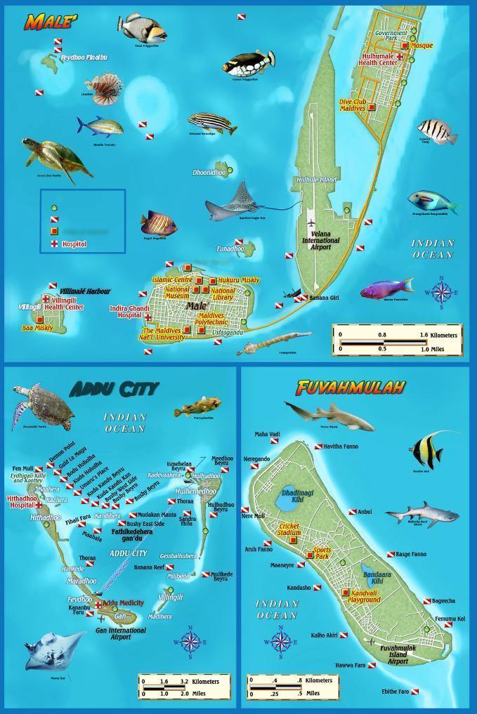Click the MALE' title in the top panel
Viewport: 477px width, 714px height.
click(51, 21)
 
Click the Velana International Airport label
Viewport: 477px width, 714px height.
click(320, 240)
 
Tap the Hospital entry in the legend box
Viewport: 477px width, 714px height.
click(74, 244)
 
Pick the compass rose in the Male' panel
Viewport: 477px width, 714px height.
click(442, 291)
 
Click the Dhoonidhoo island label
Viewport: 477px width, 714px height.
click(209, 172)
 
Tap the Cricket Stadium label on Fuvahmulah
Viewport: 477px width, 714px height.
click(289, 529)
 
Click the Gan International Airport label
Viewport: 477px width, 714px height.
click(121, 633)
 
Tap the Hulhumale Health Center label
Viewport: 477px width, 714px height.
click(379, 59)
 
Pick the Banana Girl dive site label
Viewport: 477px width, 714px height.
click(324, 298)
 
